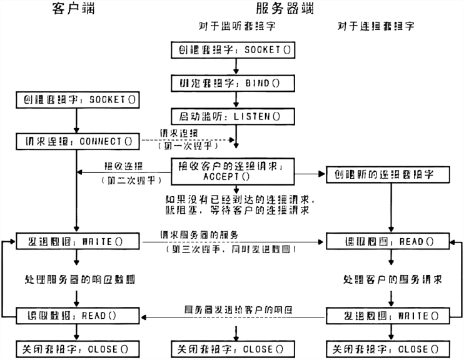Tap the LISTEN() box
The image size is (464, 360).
pos(235,116)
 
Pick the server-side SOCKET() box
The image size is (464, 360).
pos(235,49)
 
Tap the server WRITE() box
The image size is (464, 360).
pos(391,316)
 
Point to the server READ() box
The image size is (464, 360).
pos(391,241)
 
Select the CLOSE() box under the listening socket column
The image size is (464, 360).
pos(235,349)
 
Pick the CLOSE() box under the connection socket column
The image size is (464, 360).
pos(391,349)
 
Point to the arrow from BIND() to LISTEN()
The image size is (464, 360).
pos(236,99)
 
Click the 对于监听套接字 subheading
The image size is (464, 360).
pos(232,27)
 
